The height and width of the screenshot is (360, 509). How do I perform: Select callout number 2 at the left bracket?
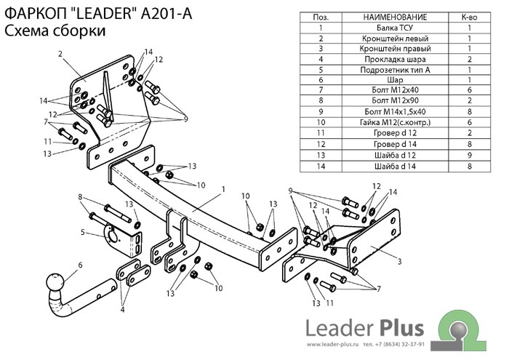[61, 54]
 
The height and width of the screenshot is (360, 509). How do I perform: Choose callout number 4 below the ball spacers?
[121, 310]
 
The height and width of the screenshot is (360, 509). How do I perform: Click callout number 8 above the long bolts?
[80, 197]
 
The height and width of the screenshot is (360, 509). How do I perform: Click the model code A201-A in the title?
[166, 13]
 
